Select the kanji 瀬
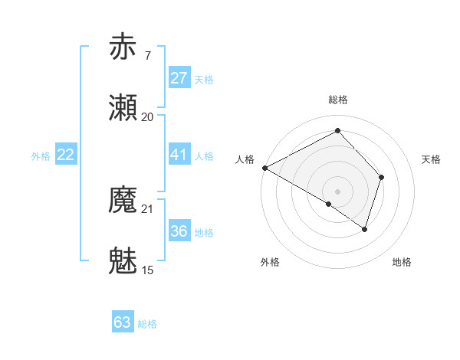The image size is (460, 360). coord(123,108)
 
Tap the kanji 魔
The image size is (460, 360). coord(123,201)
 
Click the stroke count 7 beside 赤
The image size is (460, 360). coord(147,55)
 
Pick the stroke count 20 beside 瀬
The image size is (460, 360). coord(147,117)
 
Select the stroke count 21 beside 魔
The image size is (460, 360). coord(147,209)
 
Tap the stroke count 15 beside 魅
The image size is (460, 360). coord(147,270)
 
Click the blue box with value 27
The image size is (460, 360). coord(179,78)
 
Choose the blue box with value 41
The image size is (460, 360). coord(179,155)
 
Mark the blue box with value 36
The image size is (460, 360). coord(179,231)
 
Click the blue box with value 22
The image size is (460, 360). coord(66,155)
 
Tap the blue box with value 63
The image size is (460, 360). coord(123,322)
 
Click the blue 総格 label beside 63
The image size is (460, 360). coord(147,324)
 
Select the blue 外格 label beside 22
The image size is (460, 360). coord(41,156)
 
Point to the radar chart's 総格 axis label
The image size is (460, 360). coord(338,100)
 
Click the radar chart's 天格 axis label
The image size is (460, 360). coord(431,159)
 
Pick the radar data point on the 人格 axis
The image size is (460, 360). coord(264,167)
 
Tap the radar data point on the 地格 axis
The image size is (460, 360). coord(366,229)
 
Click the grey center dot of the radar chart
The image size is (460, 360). coord(338,191)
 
